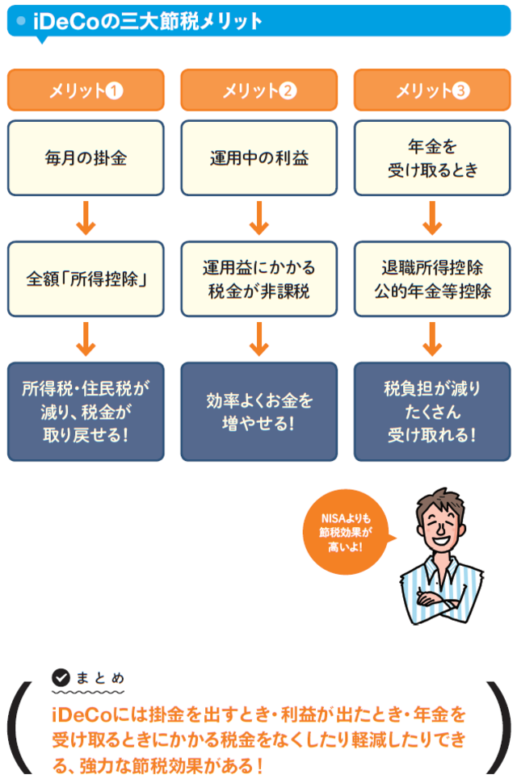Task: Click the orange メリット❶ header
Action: point(86,90)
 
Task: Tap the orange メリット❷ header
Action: point(258,90)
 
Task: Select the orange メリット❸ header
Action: point(431,90)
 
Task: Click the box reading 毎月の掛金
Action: point(86,158)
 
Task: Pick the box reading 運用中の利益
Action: point(258,158)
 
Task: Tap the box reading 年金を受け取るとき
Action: point(431,158)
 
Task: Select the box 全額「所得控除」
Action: point(86,279)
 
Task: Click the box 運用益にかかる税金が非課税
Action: point(258,279)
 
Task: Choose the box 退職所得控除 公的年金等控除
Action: point(431,279)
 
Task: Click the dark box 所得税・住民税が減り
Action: point(86,411)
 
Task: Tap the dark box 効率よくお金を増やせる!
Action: point(258,411)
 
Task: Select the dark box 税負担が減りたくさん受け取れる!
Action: point(431,411)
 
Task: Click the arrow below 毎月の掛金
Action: point(86,218)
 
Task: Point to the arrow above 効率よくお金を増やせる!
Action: point(258,339)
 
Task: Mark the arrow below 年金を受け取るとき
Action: point(431,218)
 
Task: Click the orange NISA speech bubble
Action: point(344,533)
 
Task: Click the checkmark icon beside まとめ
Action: point(61,678)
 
